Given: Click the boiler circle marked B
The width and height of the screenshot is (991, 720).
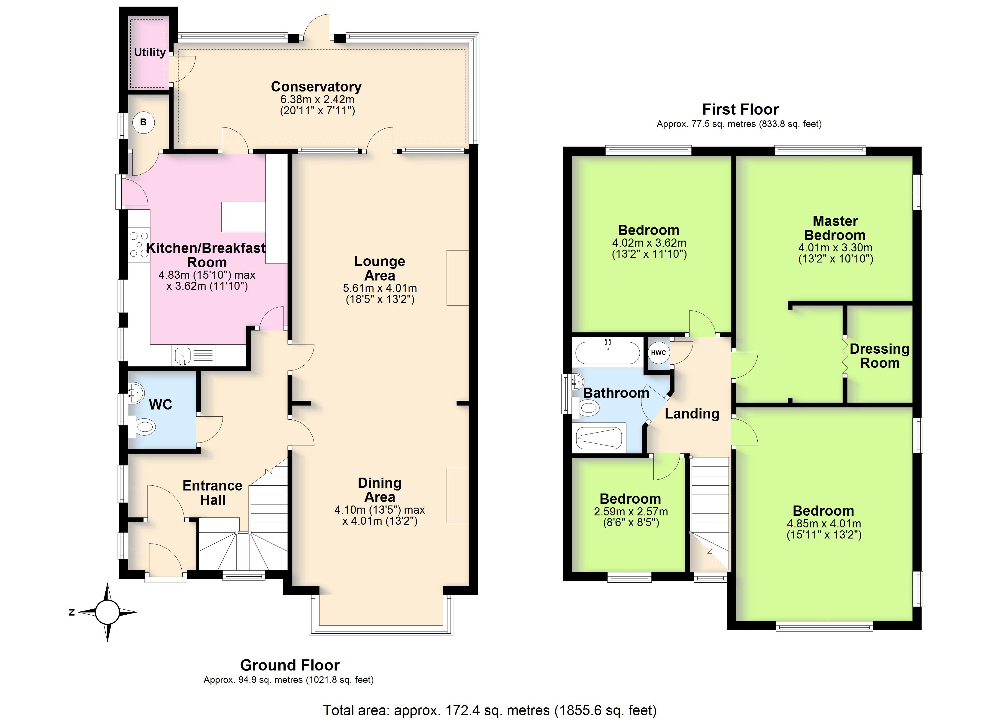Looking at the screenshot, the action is [x=143, y=123].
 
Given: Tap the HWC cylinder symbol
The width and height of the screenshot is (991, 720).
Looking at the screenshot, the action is [x=659, y=353].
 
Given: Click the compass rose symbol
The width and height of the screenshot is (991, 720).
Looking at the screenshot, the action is [x=107, y=612].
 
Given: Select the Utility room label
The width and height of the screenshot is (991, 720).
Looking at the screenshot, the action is [x=150, y=52].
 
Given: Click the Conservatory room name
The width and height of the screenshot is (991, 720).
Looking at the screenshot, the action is [x=316, y=86].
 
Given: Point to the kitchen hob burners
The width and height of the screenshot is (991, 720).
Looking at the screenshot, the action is [x=139, y=244].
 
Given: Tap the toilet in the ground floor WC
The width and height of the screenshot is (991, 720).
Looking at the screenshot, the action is [x=143, y=427].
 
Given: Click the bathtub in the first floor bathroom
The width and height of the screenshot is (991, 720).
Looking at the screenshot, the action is [x=607, y=352].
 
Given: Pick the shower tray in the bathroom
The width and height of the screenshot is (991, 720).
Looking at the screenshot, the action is [x=599, y=438].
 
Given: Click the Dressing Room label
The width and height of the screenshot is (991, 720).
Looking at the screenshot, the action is [x=880, y=356].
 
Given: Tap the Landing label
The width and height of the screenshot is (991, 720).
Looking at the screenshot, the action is [x=692, y=413].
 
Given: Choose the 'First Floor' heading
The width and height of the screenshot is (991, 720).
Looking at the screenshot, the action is [x=741, y=109].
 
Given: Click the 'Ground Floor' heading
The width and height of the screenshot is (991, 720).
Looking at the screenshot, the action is [x=290, y=665].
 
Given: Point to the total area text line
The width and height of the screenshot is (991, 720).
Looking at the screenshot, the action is [x=490, y=710].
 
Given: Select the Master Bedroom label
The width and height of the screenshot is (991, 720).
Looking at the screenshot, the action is [x=835, y=228].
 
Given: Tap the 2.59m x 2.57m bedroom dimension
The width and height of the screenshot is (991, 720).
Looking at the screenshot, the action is [x=631, y=511].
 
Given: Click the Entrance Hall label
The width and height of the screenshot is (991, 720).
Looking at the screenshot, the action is [x=212, y=493].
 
